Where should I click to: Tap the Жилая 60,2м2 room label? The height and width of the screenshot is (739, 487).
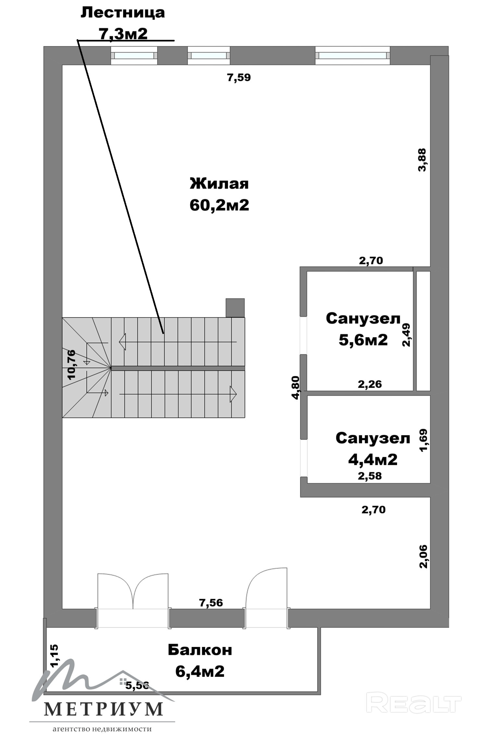(x=219, y=194)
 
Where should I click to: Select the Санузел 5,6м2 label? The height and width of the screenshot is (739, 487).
(x=363, y=329)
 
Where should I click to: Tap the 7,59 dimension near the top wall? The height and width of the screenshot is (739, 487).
(x=239, y=78)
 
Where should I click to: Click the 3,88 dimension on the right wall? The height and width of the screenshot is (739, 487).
(x=422, y=160)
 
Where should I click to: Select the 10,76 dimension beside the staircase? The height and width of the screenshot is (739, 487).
(x=71, y=364)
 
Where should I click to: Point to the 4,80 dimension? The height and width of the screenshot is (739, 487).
(x=295, y=388)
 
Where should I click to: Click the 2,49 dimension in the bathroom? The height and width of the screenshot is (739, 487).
(x=406, y=335)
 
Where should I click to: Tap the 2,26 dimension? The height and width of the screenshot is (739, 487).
(x=370, y=384)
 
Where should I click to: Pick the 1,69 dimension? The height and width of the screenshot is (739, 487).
(x=424, y=440)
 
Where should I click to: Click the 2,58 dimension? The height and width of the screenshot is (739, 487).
(x=370, y=476)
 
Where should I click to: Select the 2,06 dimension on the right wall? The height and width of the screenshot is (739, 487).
(x=424, y=556)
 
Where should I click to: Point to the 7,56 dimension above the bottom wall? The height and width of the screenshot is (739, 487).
(x=211, y=603)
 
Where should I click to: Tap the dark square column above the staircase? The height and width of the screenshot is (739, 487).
(x=235, y=308)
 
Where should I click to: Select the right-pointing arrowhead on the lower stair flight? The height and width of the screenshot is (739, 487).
(x=233, y=394)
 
